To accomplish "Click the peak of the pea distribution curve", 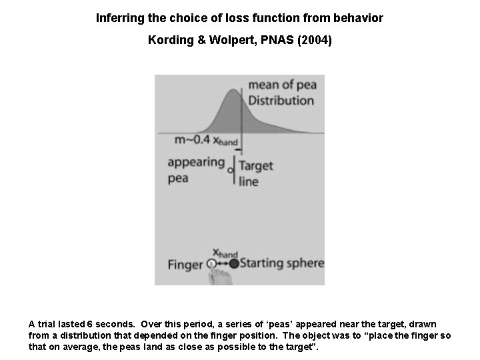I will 235,91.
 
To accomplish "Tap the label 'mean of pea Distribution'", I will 281,93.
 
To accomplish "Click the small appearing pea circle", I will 230,171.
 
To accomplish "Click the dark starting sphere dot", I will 233,263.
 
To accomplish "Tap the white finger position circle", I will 212,264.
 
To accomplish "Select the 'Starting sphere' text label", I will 281,263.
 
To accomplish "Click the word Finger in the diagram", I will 185,265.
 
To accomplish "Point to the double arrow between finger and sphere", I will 223,264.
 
